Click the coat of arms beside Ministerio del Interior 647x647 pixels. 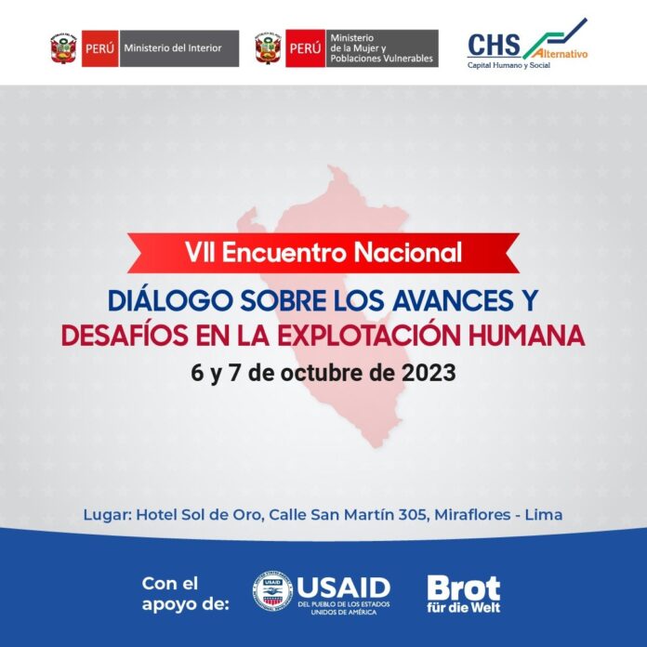(x=63, y=48)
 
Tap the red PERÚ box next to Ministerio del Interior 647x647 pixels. (x=99, y=48)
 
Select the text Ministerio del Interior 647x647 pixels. (x=173, y=48)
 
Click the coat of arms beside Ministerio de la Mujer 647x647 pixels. (x=268, y=47)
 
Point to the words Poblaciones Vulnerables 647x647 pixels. (x=381, y=59)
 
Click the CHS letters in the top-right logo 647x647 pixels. (x=494, y=45)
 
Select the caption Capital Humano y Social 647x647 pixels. (x=508, y=65)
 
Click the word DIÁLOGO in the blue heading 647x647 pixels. (x=170, y=300)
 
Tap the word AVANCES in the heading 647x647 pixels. (x=453, y=300)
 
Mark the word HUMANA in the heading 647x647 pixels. (x=527, y=335)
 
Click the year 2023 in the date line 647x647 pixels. (x=429, y=373)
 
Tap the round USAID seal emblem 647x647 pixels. (x=272, y=590)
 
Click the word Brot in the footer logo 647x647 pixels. (x=463, y=588)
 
